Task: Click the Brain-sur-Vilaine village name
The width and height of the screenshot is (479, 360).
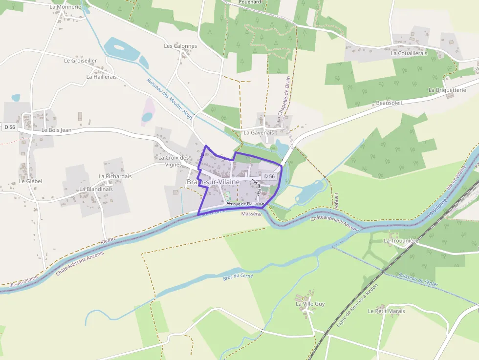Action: coord(213,182)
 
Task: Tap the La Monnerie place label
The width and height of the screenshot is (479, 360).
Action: coord(65,7)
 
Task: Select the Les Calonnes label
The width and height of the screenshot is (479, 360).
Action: coord(180,46)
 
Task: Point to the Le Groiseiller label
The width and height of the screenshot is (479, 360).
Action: coord(81,61)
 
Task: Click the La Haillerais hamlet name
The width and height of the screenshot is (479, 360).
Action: coord(101,77)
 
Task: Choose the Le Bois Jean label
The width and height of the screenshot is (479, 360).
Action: coord(57,130)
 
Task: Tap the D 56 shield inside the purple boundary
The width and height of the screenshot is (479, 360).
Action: coord(270,176)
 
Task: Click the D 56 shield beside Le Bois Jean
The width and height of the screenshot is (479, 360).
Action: coord(10,127)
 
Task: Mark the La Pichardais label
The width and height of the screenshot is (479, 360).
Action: coord(115,176)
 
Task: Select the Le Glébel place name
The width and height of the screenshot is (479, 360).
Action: coord(31,181)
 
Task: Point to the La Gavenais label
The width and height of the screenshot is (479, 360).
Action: coord(259,132)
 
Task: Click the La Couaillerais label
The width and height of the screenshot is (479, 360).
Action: coord(409,53)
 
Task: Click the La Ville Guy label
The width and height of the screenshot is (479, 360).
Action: coord(310,304)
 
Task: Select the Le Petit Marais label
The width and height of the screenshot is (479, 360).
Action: coord(386,311)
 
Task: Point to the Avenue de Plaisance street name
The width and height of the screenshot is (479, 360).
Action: coord(245,203)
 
